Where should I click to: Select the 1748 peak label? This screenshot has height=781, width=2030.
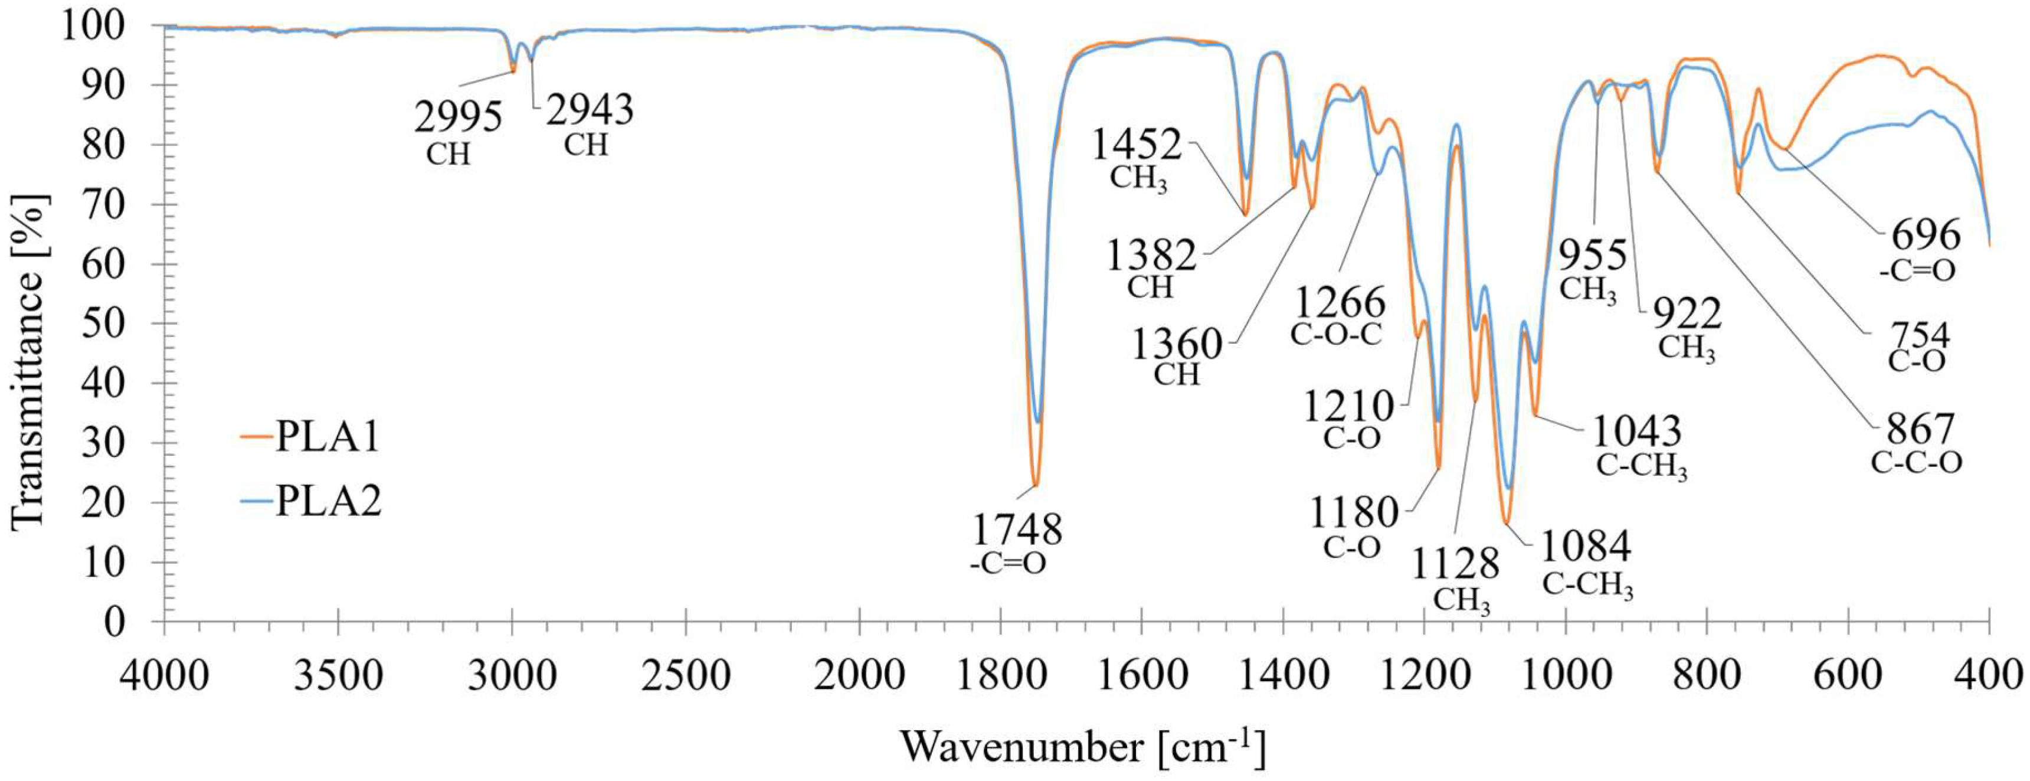click(x=1017, y=530)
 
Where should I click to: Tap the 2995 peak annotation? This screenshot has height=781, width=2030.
click(x=458, y=118)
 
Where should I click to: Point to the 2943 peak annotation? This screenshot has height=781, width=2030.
click(x=590, y=110)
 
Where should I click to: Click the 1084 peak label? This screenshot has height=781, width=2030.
click(x=1586, y=546)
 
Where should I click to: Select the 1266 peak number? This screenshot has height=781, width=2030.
click(x=1340, y=303)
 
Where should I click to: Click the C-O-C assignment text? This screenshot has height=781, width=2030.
click(x=1337, y=334)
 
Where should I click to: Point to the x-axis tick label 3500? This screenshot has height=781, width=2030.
click(x=338, y=675)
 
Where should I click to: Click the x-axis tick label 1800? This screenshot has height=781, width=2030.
click(x=1001, y=675)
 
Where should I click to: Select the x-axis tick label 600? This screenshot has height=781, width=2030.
click(x=1848, y=675)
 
